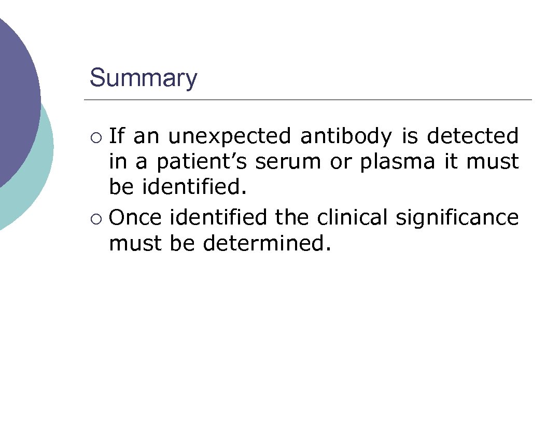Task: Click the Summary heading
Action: pos(143,78)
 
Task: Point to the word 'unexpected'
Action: pos(230,137)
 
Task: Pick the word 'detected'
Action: pos(472,136)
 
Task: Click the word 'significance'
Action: pos(456,218)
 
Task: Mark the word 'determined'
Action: pos(266,243)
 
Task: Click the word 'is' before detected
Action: pos(410,136)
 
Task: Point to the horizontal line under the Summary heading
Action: pos(307,100)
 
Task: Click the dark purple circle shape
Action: pos(16,93)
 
